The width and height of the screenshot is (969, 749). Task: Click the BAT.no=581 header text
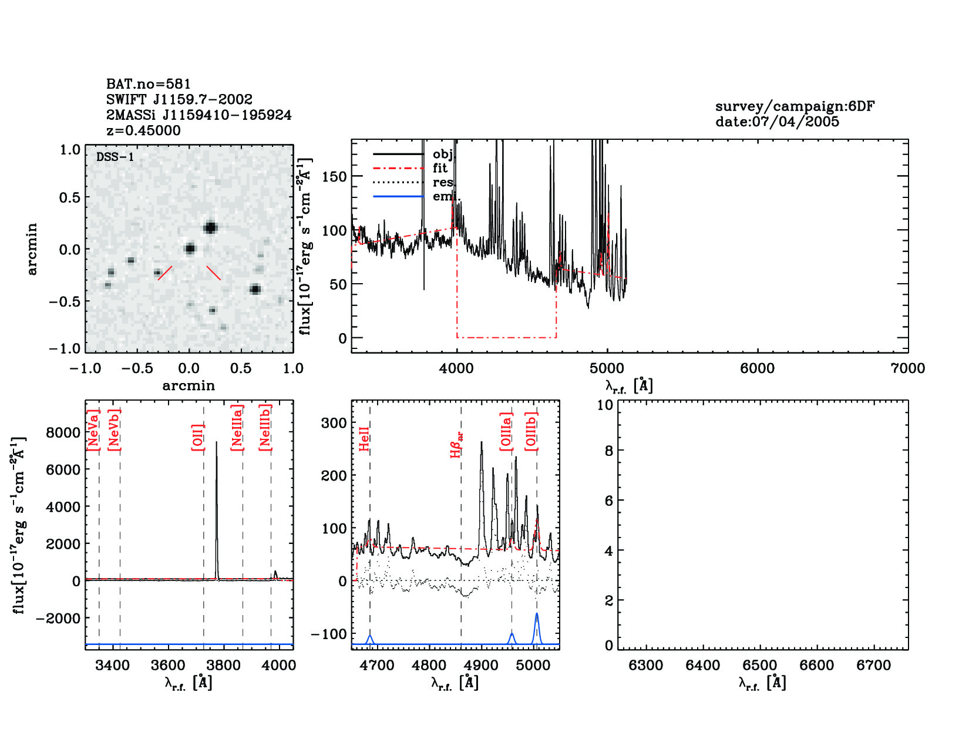(149, 84)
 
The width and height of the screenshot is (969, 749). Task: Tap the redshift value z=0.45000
(143, 130)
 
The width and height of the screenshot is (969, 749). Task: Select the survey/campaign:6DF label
(795, 106)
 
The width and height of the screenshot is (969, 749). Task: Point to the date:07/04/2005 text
(777, 122)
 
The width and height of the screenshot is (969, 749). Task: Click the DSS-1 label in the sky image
(115, 157)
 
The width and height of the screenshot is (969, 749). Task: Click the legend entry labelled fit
(440, 168)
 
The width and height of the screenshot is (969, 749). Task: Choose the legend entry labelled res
(442, 182)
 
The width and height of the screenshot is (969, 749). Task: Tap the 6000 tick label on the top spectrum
(757, 368)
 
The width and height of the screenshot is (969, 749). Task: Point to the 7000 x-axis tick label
(907, 368)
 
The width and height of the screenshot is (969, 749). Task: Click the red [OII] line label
(197, 437)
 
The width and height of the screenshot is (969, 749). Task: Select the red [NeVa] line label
(93, 431)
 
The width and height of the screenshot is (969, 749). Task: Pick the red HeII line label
(364, 439)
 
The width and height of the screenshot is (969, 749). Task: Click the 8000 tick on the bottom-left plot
(63, 433)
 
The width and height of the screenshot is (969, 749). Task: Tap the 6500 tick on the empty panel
(760, 665)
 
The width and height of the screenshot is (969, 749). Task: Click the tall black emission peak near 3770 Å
(216, 445)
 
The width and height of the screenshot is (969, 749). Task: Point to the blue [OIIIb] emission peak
(536, 614)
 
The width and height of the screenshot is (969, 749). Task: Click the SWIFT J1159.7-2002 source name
(179, 99)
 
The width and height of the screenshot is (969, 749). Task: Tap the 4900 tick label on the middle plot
(482, 665)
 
